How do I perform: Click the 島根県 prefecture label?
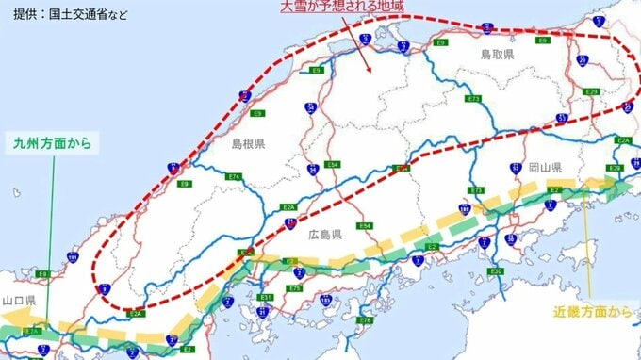248,143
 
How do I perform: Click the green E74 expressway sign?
234,176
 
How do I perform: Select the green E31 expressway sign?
266,298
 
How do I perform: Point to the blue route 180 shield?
465,209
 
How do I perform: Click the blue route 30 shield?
509,239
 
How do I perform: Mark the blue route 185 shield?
326,300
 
